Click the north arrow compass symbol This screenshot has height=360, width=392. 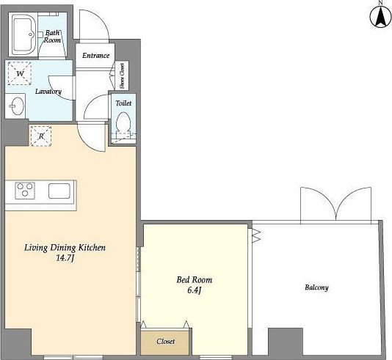(380, 15)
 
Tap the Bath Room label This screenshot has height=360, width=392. (53, 36)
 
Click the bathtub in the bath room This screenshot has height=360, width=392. (23, 34)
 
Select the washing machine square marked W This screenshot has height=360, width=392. (20, 73)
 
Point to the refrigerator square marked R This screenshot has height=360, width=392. (41, 136)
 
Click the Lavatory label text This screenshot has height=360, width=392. (48, 92)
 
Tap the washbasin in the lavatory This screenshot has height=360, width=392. (17, 106)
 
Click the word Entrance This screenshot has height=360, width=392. (95, 56)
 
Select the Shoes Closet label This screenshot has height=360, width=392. (122, 76)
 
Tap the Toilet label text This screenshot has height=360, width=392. (123, 103)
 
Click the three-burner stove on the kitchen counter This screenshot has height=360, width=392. (25, 190)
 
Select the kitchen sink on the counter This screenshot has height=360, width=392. (59, 191)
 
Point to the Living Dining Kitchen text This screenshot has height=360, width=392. (65, 248)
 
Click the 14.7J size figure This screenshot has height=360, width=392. (65, 258)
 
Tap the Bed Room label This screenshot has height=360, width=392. (195, 279)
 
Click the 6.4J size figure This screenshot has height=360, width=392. (195, 290)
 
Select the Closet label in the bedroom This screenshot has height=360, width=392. (165, 341)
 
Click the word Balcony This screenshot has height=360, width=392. (316, 287)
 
